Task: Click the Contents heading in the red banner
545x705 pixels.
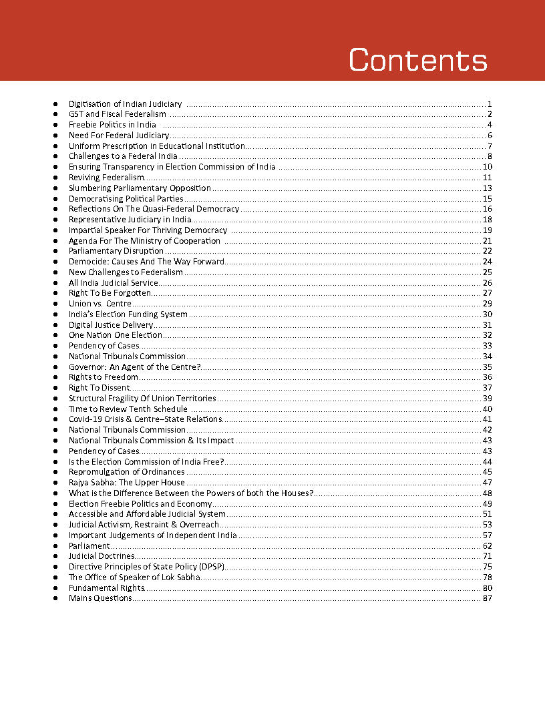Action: (x=418, y=59)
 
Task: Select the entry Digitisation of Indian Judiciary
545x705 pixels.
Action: (x=125, y=104)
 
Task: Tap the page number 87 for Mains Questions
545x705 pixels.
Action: (x=487, y=598)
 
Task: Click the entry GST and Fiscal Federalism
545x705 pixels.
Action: (x=117, y=114)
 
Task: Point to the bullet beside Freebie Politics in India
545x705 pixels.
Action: (x=55, y=125)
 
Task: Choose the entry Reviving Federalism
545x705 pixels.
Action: (x=106, y=178)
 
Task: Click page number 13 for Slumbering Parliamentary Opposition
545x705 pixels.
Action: (x=487, y=188)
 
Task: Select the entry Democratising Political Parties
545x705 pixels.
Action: (x=126, y=198)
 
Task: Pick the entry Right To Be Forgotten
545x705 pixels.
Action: (x=110, y=293)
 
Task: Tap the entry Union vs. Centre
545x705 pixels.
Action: (x=100, y=304)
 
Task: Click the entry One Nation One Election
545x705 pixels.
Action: (x=115, y=335)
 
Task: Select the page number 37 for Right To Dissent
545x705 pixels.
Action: (x=487, y=388)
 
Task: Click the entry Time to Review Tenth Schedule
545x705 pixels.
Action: (x=128, y=409)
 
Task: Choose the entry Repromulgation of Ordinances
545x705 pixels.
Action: (x=126, y=472)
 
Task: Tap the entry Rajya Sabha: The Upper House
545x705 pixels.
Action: (x=126, y=483)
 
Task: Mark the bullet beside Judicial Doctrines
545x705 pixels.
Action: (x=55, y=556)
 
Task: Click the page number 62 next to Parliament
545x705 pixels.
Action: (x=487, y=545)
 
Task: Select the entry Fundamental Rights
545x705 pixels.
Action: (x=106, y=587)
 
